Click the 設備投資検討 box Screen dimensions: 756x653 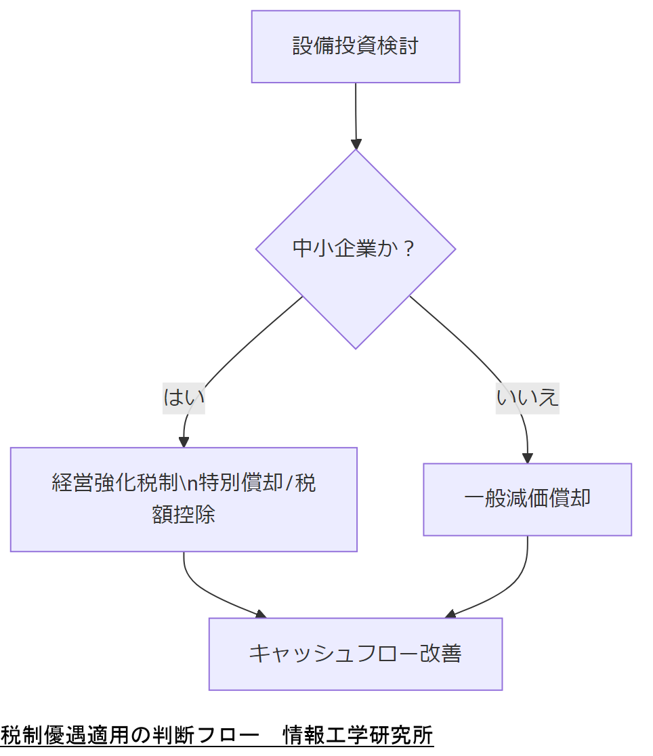coord(355,47)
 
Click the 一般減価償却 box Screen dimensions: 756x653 coord(527,499)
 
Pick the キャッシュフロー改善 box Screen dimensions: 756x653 coord(355,654)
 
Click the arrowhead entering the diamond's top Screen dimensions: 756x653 coord(356,144)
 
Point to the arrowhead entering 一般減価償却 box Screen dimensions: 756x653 coord(527,458)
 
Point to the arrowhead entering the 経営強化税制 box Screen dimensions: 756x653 coord(184,442)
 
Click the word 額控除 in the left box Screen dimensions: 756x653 coord(184,515)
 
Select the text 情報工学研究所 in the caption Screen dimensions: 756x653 coord(358,735)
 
